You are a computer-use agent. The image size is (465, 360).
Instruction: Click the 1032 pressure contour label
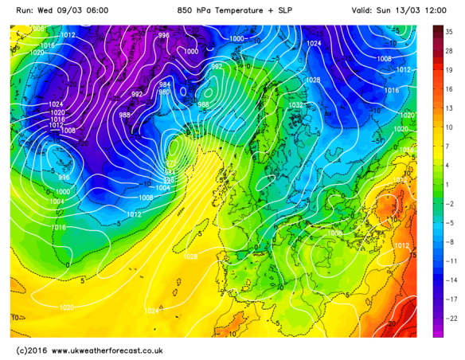[x=296, y=104]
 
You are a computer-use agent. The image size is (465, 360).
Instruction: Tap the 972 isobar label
[x=170, y=162]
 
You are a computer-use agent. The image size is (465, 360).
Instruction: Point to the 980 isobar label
[x=165, y=92]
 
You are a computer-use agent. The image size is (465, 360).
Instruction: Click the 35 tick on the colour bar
[x=449, y=30]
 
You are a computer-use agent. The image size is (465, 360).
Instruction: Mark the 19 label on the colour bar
[x=449, y=69]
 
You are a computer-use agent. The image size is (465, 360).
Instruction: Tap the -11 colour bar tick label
[x=451, y=261]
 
